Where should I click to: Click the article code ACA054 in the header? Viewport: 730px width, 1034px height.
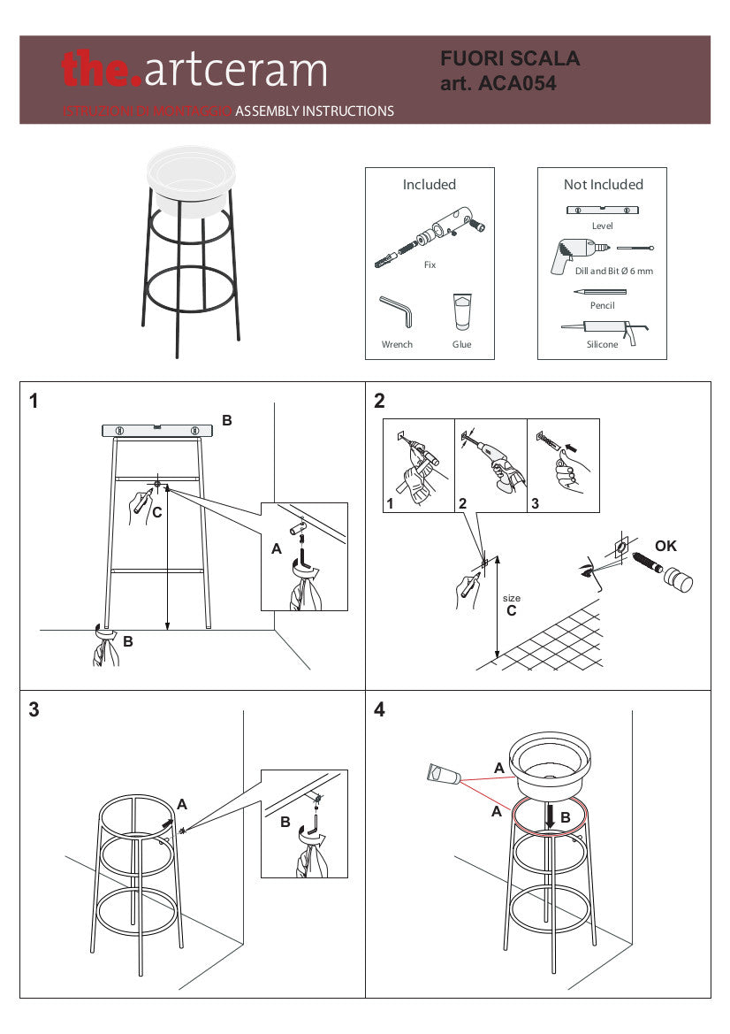click(x=516, y=84)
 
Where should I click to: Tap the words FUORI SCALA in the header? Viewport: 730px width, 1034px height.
click(x=510, y=59)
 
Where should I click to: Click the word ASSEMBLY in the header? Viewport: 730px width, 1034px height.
click(x=268, y=111)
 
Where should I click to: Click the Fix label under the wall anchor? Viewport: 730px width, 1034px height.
click(x=430, y=264)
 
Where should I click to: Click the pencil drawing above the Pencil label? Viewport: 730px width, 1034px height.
click(x=600, y=291)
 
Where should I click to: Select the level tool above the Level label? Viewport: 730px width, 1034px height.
click(x=602, y=211)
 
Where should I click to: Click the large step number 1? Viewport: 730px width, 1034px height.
click(x=34, y=402)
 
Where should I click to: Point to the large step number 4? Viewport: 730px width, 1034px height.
click(x=379, y=710)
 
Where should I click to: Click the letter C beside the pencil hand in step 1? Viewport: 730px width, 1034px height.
click(x=156, y=512)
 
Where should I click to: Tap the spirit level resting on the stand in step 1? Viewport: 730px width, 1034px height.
click(x=157, y=431)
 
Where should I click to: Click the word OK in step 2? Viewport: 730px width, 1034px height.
click(x=665, y=546)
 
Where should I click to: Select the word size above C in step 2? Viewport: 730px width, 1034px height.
click(x=511, y=599)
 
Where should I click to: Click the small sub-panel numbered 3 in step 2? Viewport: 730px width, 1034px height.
click(x=563, y=465)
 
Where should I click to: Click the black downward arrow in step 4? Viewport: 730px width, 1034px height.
click(x=550, y=816)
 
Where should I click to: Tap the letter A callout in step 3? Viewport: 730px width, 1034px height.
click(x=182, y=804)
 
